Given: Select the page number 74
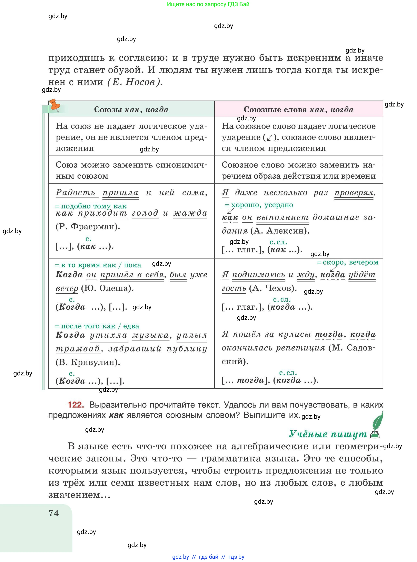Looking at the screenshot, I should tap(54, 513).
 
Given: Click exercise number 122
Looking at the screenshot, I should tap(76, 405).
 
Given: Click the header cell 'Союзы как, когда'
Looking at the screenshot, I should tap(131, 109).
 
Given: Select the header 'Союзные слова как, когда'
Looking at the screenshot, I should tap(298, 109).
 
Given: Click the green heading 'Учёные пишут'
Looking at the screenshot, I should tap(328, 434).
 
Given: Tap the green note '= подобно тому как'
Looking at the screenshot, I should tap(91, 206).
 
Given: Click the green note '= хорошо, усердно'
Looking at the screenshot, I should tap(259, 205).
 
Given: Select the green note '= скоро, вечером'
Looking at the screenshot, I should tap(348, 262).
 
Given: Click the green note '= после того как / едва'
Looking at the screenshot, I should tap(97, 326).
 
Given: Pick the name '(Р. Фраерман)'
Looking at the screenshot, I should tap(88, 226).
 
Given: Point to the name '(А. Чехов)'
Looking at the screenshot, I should tap(273, 288).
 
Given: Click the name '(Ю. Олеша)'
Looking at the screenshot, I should tap(107, 288).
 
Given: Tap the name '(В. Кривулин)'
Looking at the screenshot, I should tap(88, 362).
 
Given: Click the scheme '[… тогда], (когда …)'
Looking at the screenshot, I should tap(270, 380).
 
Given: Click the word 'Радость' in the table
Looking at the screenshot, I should tap(76, 193).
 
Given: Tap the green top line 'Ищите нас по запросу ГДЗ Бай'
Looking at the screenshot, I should tap(208, 4).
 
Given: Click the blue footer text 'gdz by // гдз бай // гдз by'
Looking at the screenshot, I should tap(208, 557).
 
